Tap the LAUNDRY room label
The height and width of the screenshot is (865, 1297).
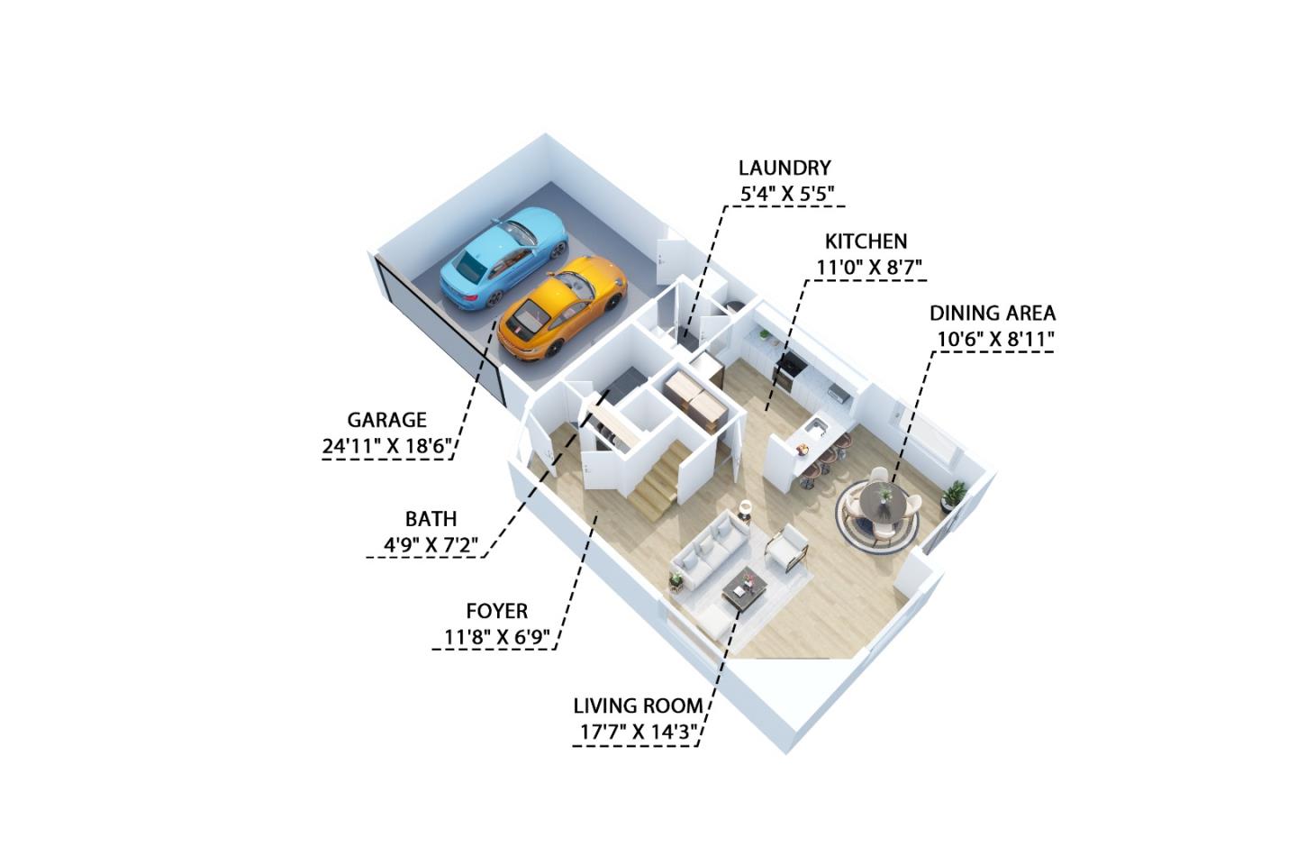coord(784,168)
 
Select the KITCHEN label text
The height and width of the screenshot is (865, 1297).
coord(866,241)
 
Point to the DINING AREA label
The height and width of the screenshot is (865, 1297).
coord(992,314)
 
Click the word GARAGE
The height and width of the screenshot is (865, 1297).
coord(386,420)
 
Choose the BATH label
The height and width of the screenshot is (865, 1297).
coord(431,519)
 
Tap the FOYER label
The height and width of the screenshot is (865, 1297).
coord(496,611)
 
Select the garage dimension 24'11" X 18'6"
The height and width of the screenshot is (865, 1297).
coord(386,445)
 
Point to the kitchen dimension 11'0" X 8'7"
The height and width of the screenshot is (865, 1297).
coord(869,267)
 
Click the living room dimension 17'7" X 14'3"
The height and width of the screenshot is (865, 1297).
coord(638,732)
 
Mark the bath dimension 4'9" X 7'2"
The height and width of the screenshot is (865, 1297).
coord(430,545)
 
